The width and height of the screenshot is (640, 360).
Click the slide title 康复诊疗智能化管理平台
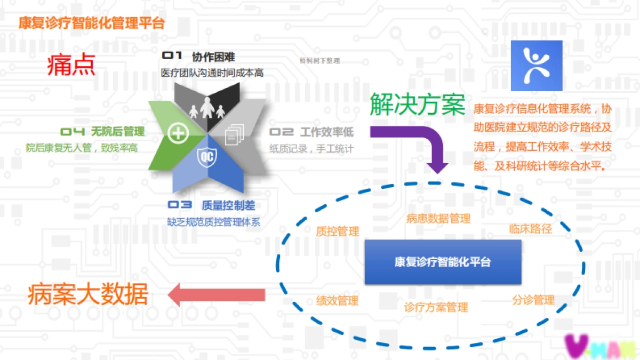[91, 23]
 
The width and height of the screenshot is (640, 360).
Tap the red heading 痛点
[71, 65]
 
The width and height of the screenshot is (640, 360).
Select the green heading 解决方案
[418, 103]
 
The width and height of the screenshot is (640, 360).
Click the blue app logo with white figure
[537, 66]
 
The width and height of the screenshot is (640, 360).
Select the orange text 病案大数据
[87, 294]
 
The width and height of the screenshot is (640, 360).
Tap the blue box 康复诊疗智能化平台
[443, 262]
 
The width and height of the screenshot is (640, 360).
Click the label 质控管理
[338, 231]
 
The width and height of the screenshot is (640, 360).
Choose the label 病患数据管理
[438, 218]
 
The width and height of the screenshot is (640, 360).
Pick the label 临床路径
[530, 229]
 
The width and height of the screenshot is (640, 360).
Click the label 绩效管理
[337, 301]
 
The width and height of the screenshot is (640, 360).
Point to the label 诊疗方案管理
[436, 307]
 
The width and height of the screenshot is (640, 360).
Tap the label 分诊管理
[533, 300]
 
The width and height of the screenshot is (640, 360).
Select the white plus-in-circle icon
[177, 133]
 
